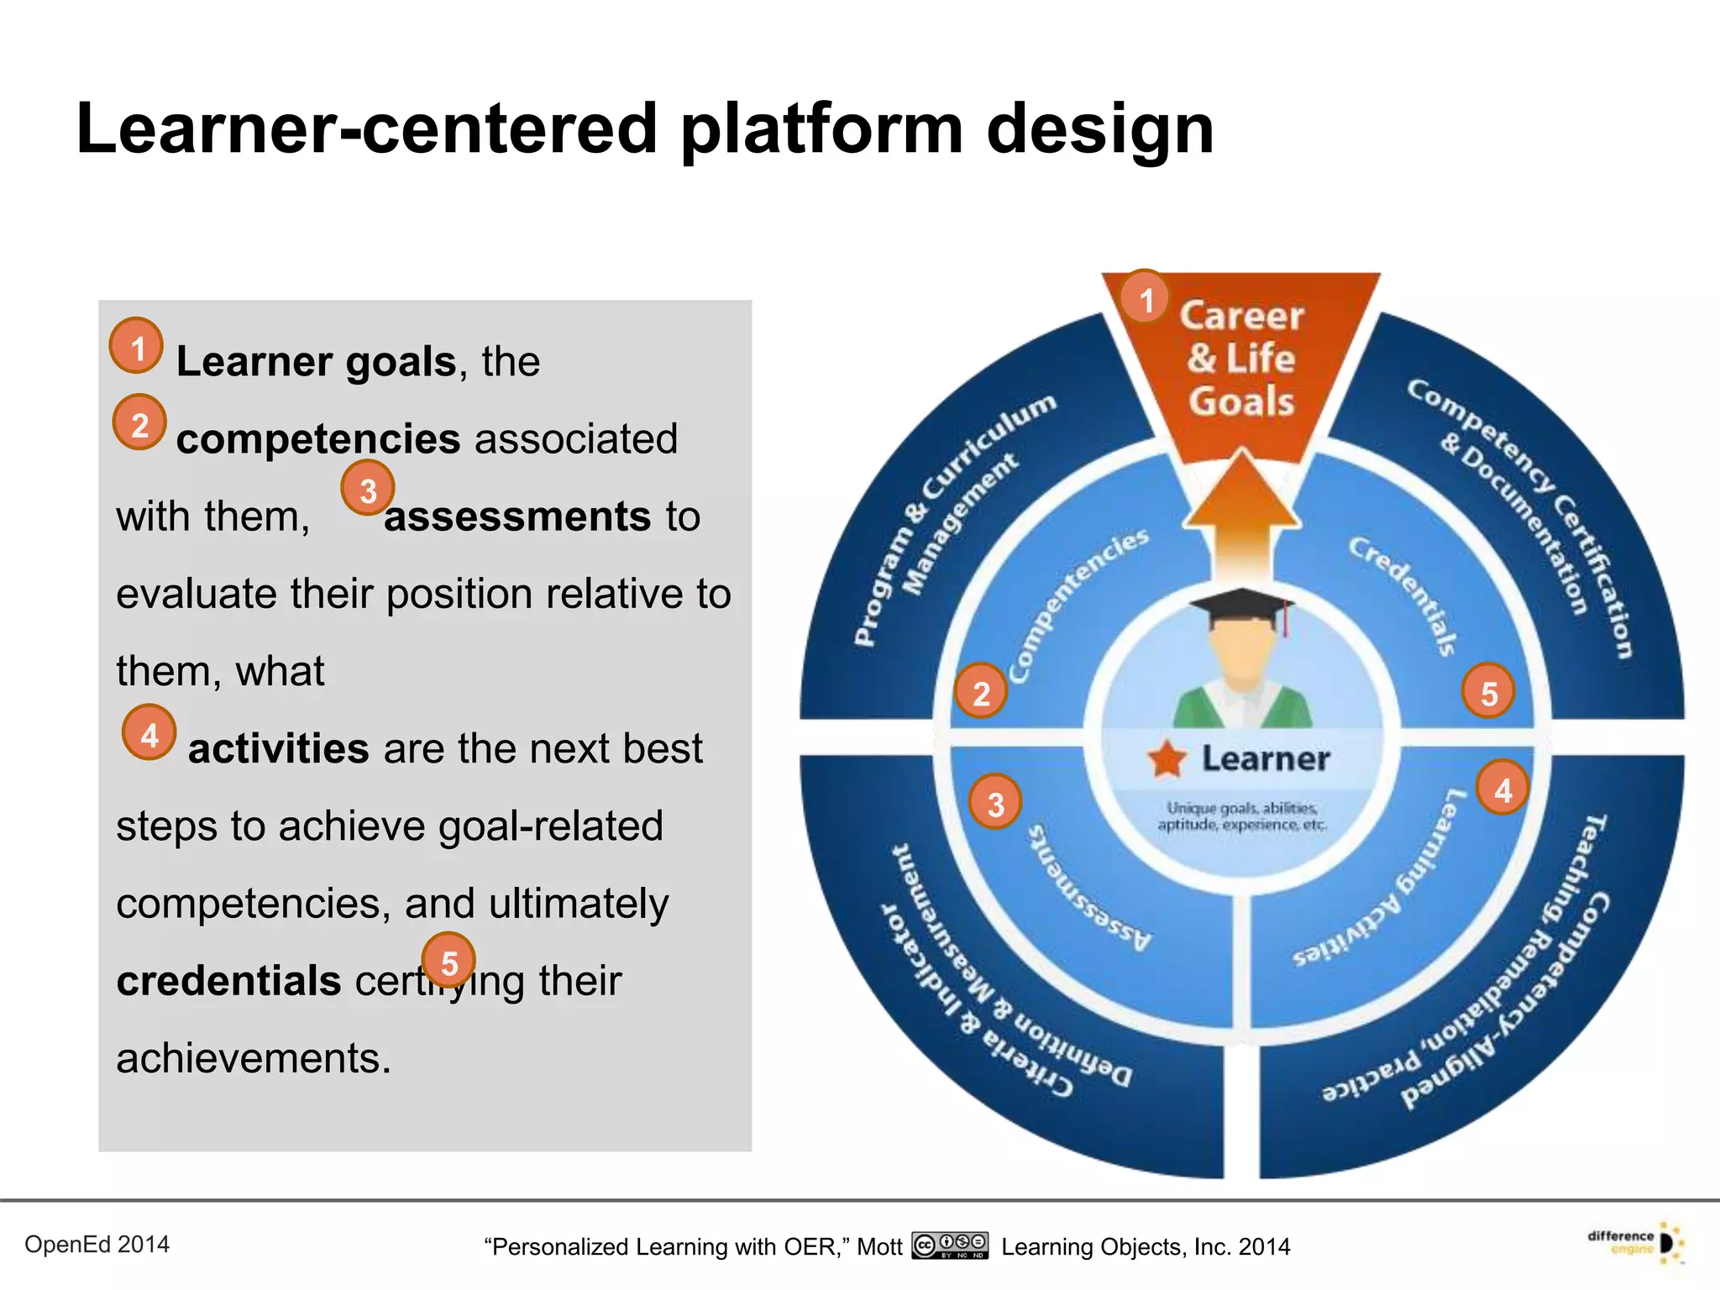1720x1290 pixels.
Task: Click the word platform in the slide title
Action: click(x=821, y=130)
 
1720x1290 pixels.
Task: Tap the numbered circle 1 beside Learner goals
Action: click(x=137, y=347)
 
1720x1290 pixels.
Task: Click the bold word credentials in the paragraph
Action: click(x=228, y=981)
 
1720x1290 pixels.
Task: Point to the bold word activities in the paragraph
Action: click(x=278, y=748)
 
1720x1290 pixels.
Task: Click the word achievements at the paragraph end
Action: click(x=253, y=1058)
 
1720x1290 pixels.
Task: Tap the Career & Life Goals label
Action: click(x=1241, y=359)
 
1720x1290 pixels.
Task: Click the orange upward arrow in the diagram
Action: click(x=1241, y=512)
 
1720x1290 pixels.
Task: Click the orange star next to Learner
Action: click(x=1167, y=759)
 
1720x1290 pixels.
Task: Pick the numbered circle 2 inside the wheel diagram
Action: click(x=981, y=693)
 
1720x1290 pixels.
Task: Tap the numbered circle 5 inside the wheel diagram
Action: click(x=1489, y=693)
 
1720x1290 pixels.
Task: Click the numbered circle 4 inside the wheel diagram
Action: click(x=1503, y=789)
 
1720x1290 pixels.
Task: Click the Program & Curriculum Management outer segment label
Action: click(x=949, y=521)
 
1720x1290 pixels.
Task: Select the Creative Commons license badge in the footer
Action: click(x=950, y=1245)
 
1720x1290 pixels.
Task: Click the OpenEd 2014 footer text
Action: click(x=97, y=1244)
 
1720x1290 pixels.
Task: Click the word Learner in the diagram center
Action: click(x=1266, y=759)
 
